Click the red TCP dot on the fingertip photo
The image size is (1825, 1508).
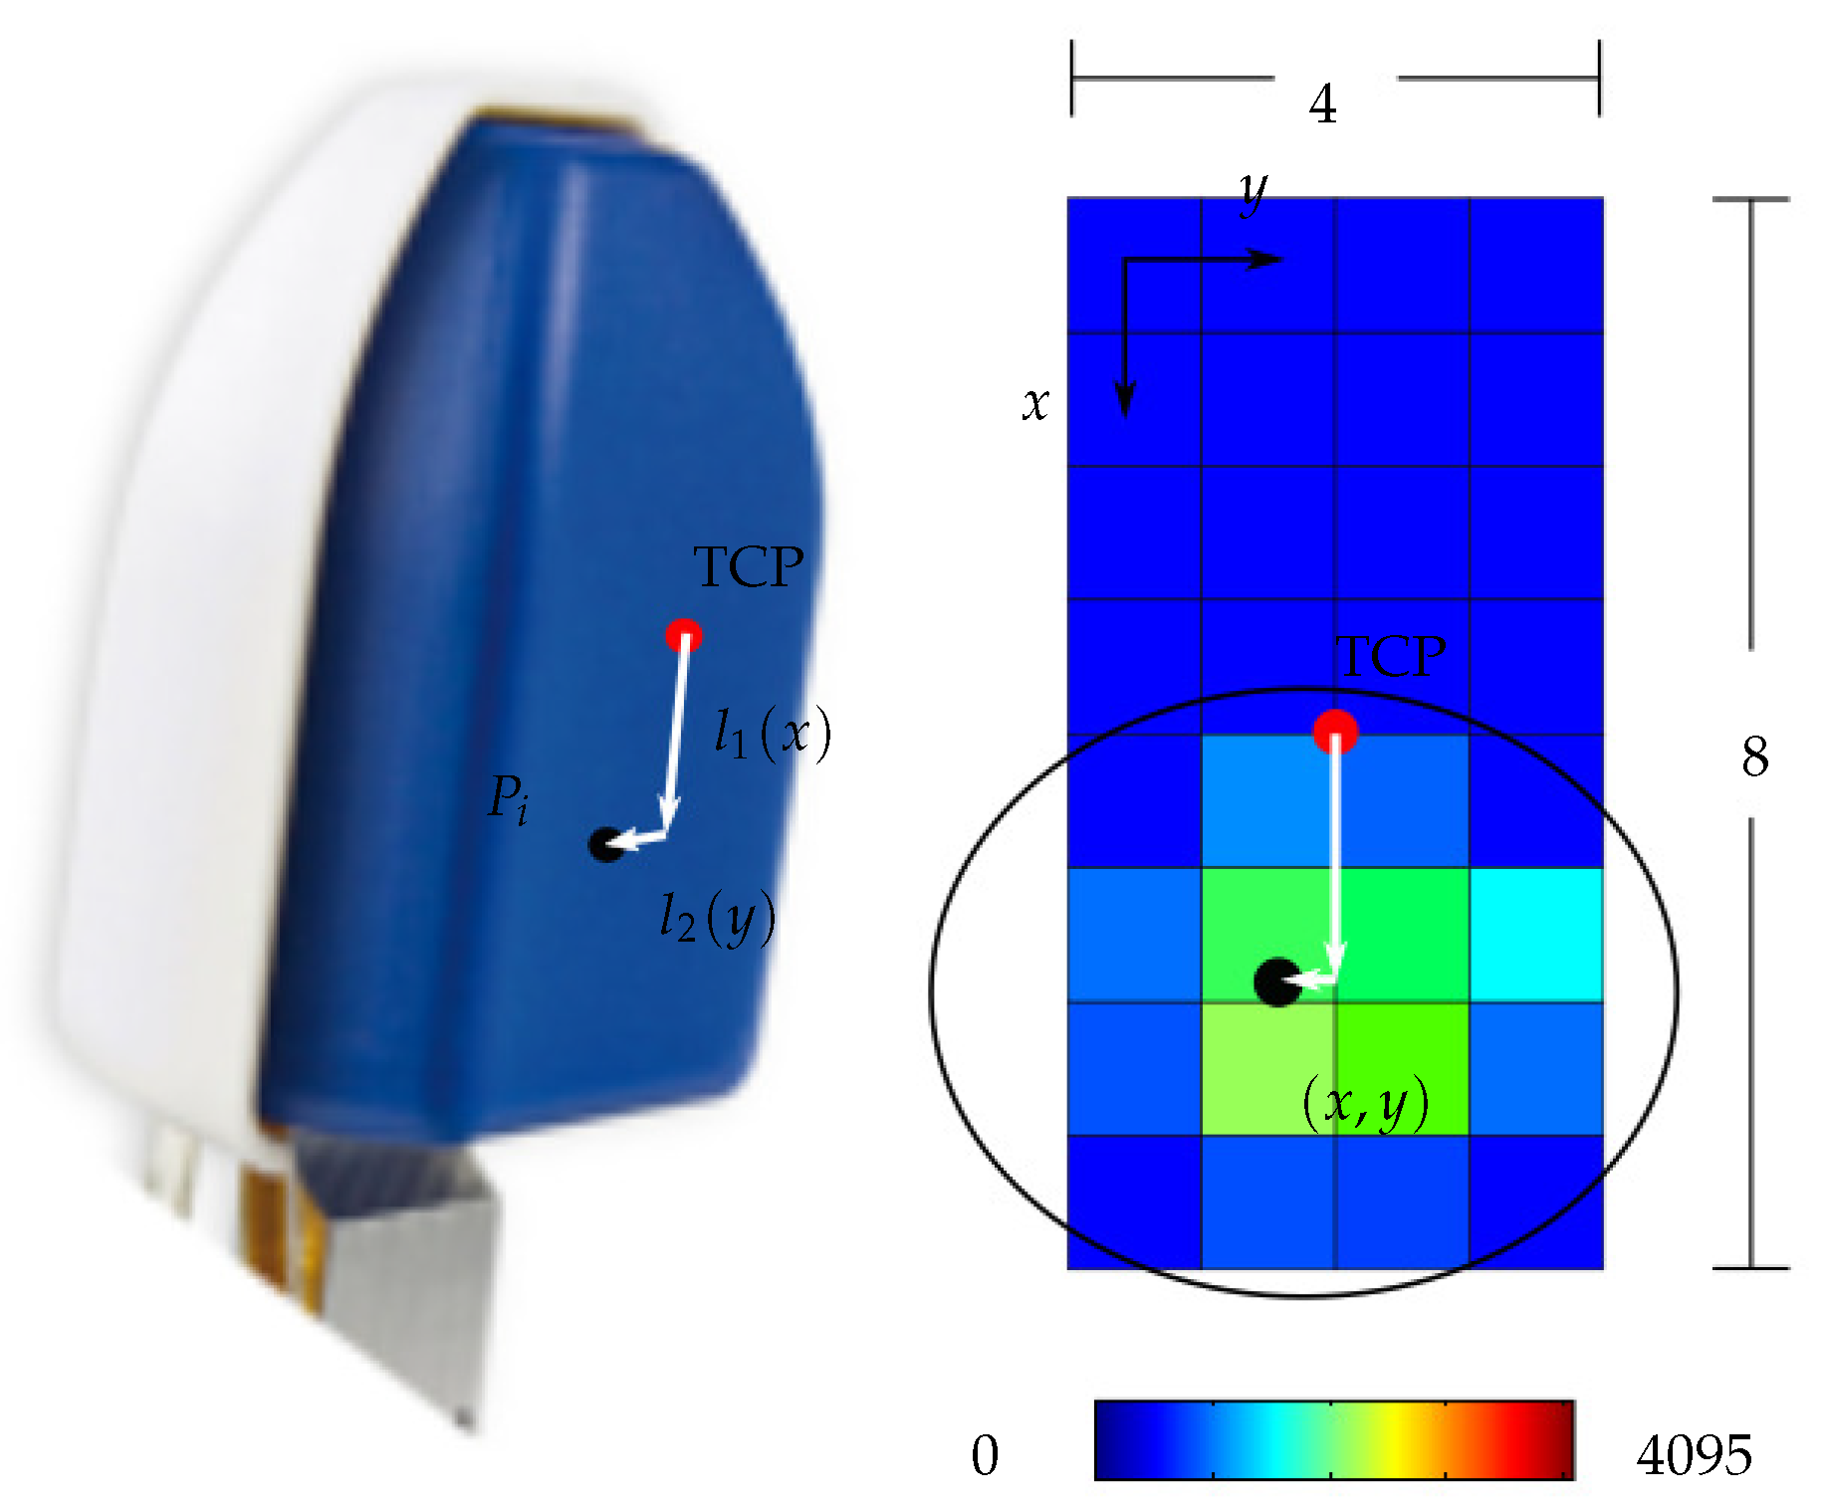pyautogui.click(x=684, y=635)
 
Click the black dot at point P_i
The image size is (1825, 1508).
pyautogui.click(x=605, y=844)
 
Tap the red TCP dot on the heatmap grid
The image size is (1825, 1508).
pyautogui.click(x=1335, y=732)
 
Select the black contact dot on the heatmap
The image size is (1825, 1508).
pyautogui.click(x=1276, y=982)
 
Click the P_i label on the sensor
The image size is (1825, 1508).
pyautogui.click(x=508, y=799)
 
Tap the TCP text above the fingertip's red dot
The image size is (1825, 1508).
pyautogui.click(x=749, y=566)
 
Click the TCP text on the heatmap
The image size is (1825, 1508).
pyautogui.click(x=1390, y=657)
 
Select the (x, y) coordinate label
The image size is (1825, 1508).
pyautogui.click(x=1366, y=1103)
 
